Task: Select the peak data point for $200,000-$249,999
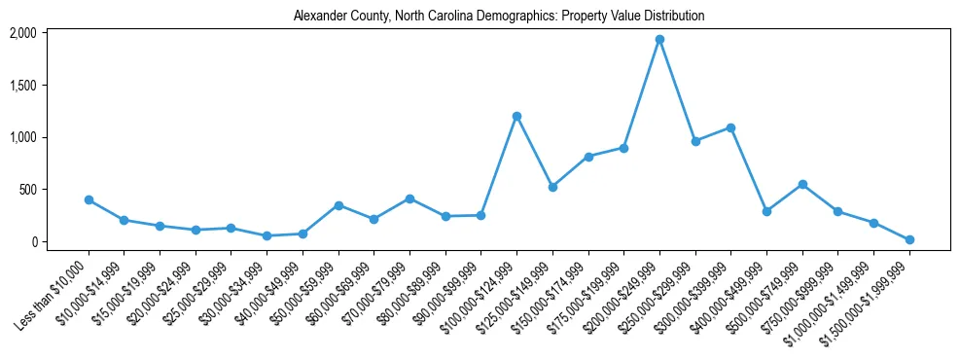(x=659, y=40)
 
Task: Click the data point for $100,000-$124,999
(x=516, y=116)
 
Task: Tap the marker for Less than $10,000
(x=89, y=199)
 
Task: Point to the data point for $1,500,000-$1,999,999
(x=909, y=239)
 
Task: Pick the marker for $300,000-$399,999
(x=730, y=127)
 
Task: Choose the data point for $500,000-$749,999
(x=802, y=184)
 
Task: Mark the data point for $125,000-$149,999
(x=552, y=187)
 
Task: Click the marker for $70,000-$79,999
(x=409, y=198)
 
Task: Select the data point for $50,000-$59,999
(x=338, y=205)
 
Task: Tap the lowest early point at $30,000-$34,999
(x=267, y=235)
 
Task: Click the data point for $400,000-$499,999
(x=766, y=211)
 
